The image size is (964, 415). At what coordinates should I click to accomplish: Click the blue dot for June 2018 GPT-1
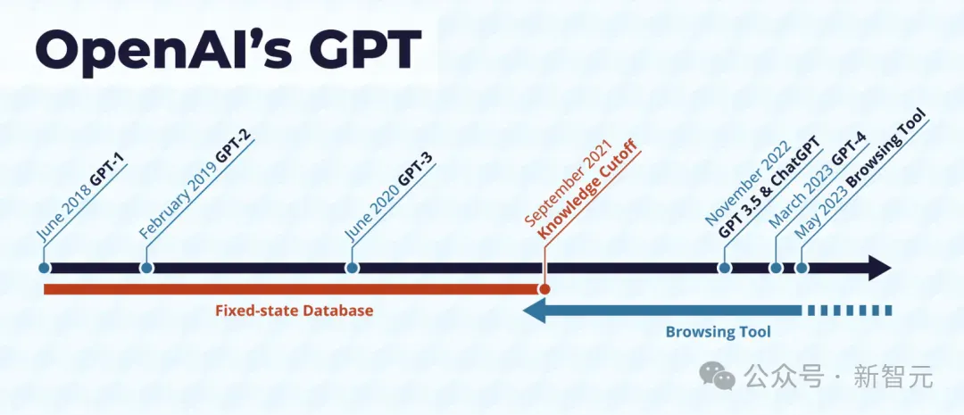tap(44, 268)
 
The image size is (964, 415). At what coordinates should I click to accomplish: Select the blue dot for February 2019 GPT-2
tap(146, 268)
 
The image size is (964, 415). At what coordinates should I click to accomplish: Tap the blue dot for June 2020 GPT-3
tap(352, 268)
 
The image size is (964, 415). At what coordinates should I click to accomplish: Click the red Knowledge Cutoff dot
tap(544, 289)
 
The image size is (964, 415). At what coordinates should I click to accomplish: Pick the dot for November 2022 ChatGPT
tap(725, 268)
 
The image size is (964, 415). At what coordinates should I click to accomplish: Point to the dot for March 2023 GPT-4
tap(776, 268)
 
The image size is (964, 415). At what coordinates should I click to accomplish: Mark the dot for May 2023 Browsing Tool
tap(802, 268)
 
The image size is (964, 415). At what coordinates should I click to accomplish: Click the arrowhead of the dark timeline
tap(880, 268)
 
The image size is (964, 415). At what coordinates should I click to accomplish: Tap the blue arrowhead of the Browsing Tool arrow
tap(535, 311)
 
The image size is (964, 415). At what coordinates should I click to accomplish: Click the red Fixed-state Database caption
tap(295, 311)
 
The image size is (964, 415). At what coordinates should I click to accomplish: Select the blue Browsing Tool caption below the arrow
tap(718, 333)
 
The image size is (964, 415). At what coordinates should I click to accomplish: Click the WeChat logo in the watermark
tap(717, 375)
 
